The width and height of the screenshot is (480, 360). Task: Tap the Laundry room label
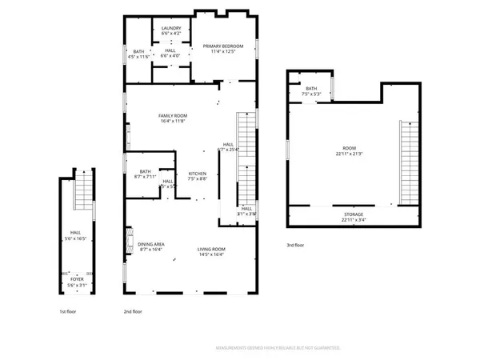(171, 31)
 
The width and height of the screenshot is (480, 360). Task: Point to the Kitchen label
(198, 177)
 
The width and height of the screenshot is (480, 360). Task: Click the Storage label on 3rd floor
(354, 217)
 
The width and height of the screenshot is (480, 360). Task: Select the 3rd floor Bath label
(311, 91)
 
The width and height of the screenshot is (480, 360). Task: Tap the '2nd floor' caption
(133, 311)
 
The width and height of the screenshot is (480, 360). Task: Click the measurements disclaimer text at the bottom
(278, 348)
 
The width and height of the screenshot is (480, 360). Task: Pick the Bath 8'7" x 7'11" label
(145, 174)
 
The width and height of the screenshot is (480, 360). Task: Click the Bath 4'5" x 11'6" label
(139, 54)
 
